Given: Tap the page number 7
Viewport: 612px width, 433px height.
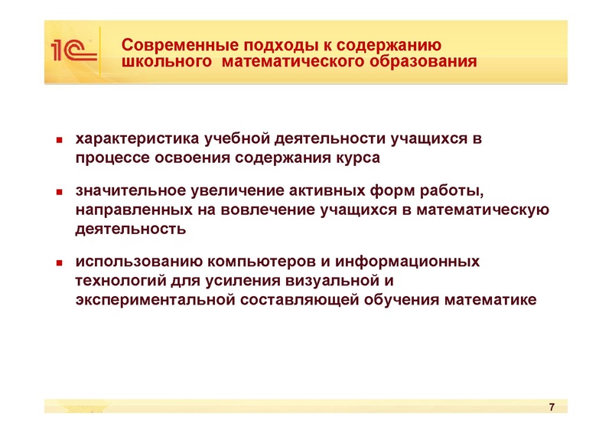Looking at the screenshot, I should (552, 406).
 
